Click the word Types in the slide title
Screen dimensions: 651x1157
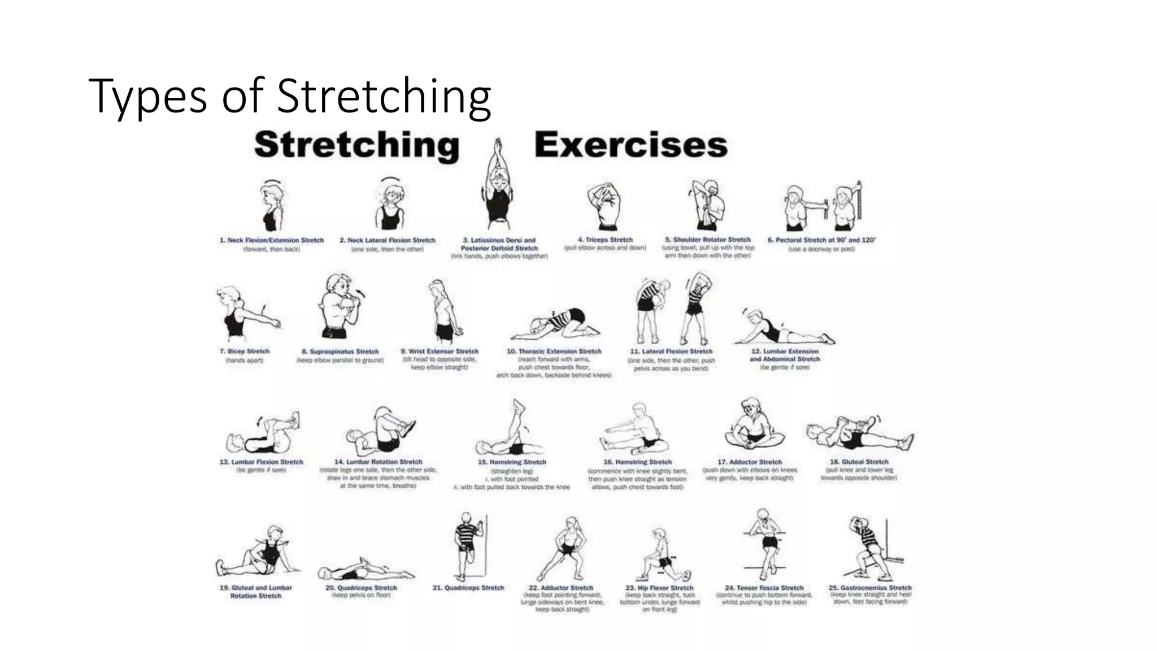pos(148,96)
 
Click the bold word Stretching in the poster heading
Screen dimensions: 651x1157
pos(356,145)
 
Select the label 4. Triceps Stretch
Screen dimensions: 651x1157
pos(605,240)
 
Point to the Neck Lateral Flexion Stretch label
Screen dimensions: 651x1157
pos(388,240)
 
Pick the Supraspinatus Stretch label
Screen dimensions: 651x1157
pos(340,351)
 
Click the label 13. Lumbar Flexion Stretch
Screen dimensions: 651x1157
pos(261,462)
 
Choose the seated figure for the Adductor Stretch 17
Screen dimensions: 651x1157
pos(753,427)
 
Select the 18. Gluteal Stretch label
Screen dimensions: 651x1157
pos(859,462)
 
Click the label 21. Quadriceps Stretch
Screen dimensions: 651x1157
pos(468,588)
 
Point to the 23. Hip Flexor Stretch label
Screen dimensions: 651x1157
pos(659,588)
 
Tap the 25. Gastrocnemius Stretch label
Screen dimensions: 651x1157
pos(870,588)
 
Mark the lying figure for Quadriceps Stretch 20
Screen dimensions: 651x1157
pos(364,570)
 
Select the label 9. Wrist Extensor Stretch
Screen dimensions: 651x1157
pos(440,351)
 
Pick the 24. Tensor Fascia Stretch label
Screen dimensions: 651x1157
pos(764,588)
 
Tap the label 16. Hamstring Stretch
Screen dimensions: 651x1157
pos(637,462)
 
